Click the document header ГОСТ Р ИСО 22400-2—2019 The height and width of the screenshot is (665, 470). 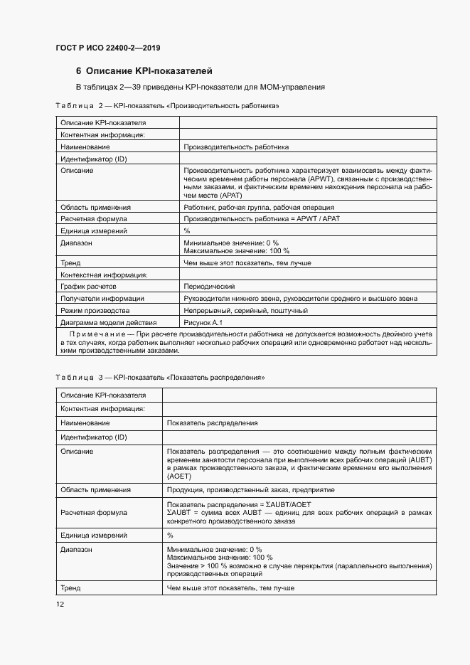click(107, 48)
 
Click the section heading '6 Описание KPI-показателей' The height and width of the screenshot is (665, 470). click(144, 71)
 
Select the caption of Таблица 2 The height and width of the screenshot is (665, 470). click(166, 106)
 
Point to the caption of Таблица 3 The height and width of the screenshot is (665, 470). click(160, 376)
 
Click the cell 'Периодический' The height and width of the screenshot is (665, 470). click(209, 286)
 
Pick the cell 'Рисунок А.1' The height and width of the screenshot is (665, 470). click(202, 323)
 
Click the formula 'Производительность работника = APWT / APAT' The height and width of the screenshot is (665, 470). click(261, 219)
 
